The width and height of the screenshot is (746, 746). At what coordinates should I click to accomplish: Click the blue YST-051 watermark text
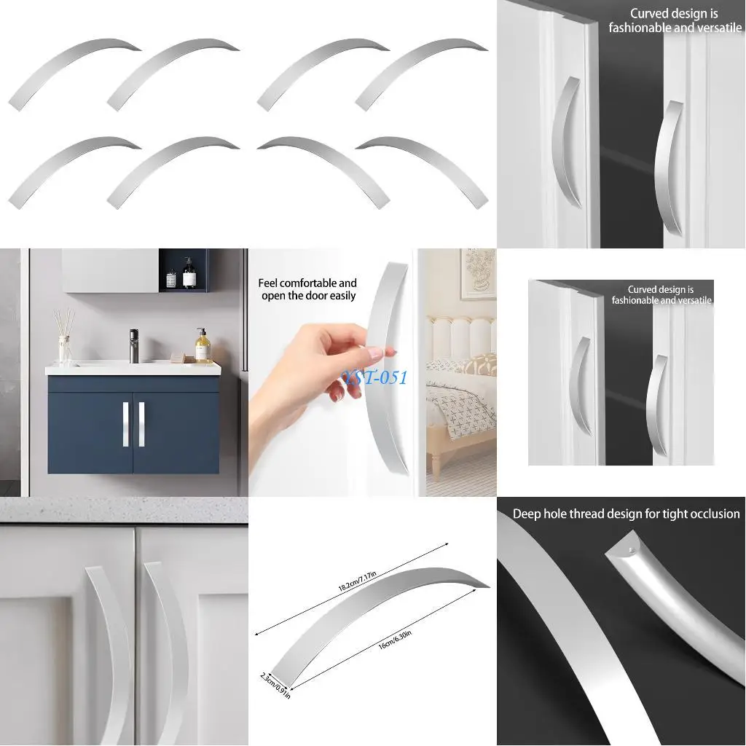coord(375,377)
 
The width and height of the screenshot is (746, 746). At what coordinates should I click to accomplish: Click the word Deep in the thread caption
coord(528,514)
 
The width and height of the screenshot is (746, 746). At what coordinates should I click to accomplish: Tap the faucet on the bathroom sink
coord(134,345)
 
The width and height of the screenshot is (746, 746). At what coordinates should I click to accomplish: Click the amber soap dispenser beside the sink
coord(203,347)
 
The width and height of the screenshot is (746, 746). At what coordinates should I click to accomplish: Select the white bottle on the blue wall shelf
coord(171,278)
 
